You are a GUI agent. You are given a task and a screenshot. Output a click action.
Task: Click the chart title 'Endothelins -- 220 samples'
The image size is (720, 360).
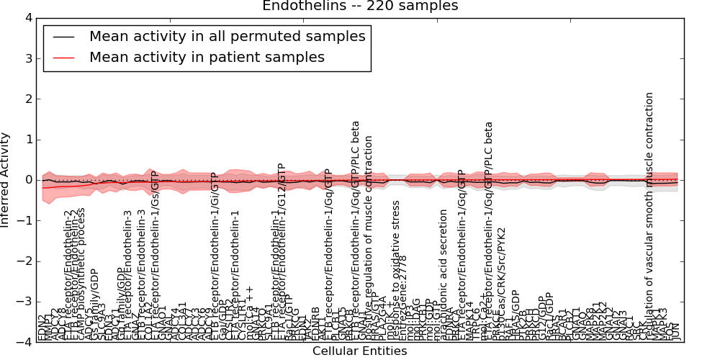(x=359, y=6)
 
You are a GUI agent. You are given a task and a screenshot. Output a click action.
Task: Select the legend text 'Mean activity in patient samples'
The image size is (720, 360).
(x=207, y=57)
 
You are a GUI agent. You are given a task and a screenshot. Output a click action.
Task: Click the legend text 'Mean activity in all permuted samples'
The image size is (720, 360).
(x=227, y=36)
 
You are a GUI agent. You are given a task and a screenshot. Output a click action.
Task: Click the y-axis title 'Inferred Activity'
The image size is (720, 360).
(x=6, y=179)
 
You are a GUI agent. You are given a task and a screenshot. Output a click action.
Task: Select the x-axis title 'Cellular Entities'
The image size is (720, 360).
(x=359, y=351)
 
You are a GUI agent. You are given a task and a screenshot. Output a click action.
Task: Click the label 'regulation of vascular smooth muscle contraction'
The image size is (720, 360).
(x=650, y=216)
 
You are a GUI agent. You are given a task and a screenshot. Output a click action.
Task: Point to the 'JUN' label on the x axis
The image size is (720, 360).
(x=675, y=331)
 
